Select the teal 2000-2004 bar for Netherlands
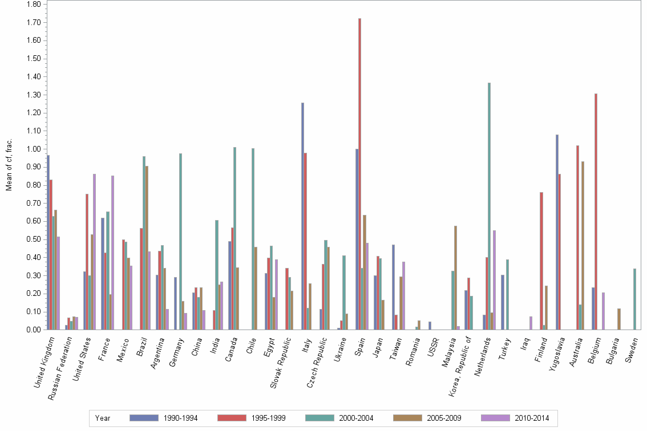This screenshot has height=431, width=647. (x=489, y=206)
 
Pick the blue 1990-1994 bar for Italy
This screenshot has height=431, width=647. (x=302, y=216)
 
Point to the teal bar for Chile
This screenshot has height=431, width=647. (x=253, y=239)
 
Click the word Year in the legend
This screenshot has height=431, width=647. (x=103, y=418)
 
